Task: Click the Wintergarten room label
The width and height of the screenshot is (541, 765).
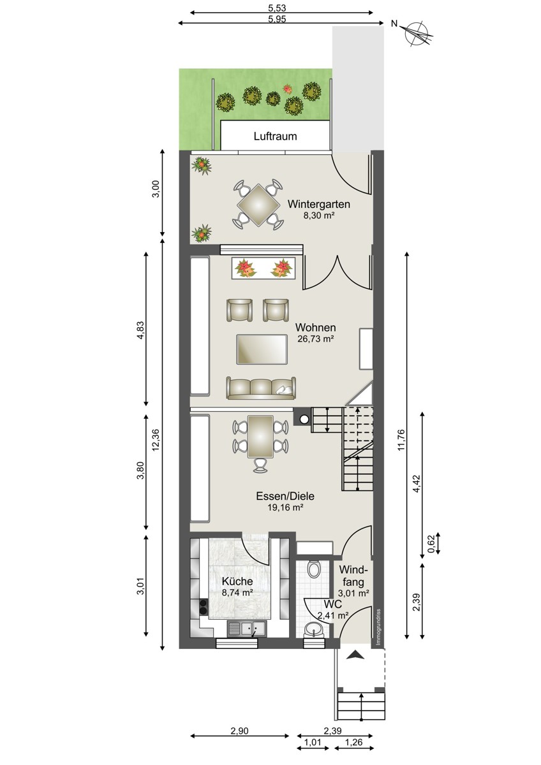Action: coord(319,204)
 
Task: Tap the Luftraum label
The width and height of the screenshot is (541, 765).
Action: coord(275,136)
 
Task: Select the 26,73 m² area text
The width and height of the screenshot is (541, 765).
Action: coord(315,339)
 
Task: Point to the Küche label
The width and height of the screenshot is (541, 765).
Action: coord(237,581)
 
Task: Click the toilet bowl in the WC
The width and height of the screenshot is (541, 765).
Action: coord(313,569)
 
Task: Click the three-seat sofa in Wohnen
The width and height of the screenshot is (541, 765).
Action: coord(261,388)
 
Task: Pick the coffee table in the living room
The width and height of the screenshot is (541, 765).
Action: coord(262,349)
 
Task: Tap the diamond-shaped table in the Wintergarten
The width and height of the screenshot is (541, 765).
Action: coord(258,205)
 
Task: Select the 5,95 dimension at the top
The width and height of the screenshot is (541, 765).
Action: coord(277,19)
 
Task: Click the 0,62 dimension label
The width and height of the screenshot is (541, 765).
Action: coord(431,544)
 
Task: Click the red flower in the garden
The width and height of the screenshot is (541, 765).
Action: coord(288,89)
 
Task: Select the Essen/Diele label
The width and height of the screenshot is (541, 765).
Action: coord(285,496)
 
